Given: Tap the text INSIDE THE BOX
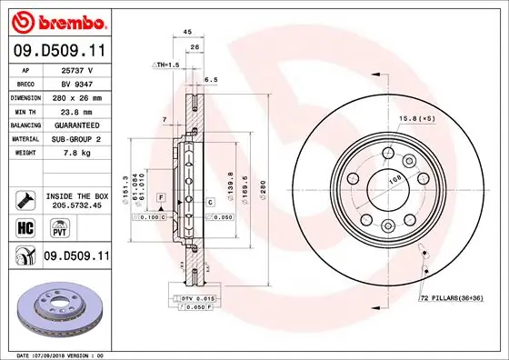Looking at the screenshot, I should pos(76,195).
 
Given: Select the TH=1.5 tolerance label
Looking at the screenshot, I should pos(165,65).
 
